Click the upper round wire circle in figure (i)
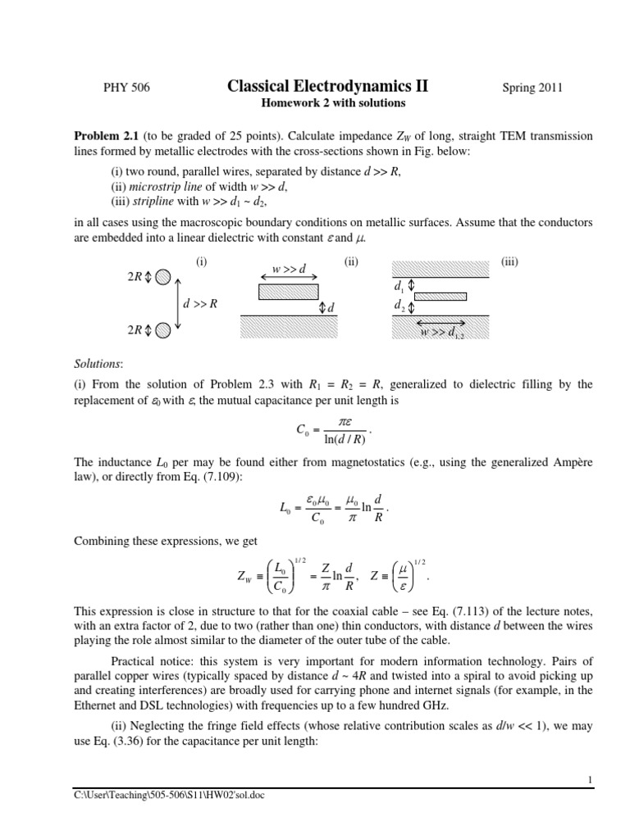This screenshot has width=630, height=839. pos(162,277)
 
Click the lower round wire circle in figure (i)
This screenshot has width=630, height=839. pos(162,330)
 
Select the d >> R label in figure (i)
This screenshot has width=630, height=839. pos(200,304)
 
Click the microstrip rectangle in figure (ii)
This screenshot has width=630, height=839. pos(288,290)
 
